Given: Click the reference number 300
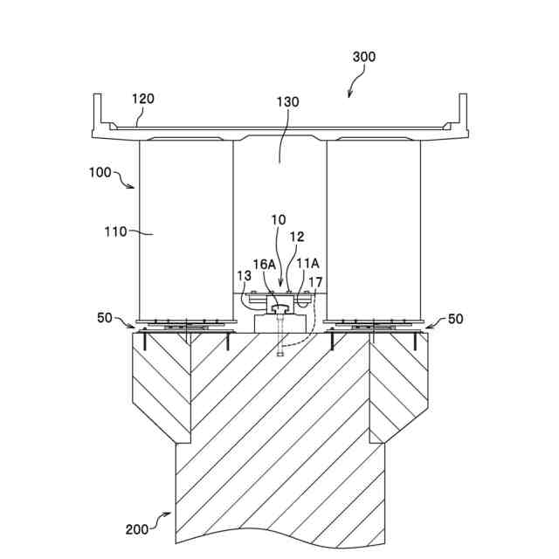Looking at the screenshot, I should click(364, 57).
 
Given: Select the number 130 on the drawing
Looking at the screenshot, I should click(287, 102).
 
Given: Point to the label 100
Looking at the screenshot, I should click(99, 172).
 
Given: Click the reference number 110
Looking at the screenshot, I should click(116, 231).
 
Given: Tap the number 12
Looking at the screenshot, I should click(297, 236).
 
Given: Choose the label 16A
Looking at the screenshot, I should click(266, 264).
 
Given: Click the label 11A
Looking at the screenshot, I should click(307, 264).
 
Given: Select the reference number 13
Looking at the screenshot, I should click(244, 275).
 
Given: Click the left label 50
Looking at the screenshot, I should click(105, 319).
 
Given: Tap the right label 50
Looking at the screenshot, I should click(455, 319).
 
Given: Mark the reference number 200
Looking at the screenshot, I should click(136, 528).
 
